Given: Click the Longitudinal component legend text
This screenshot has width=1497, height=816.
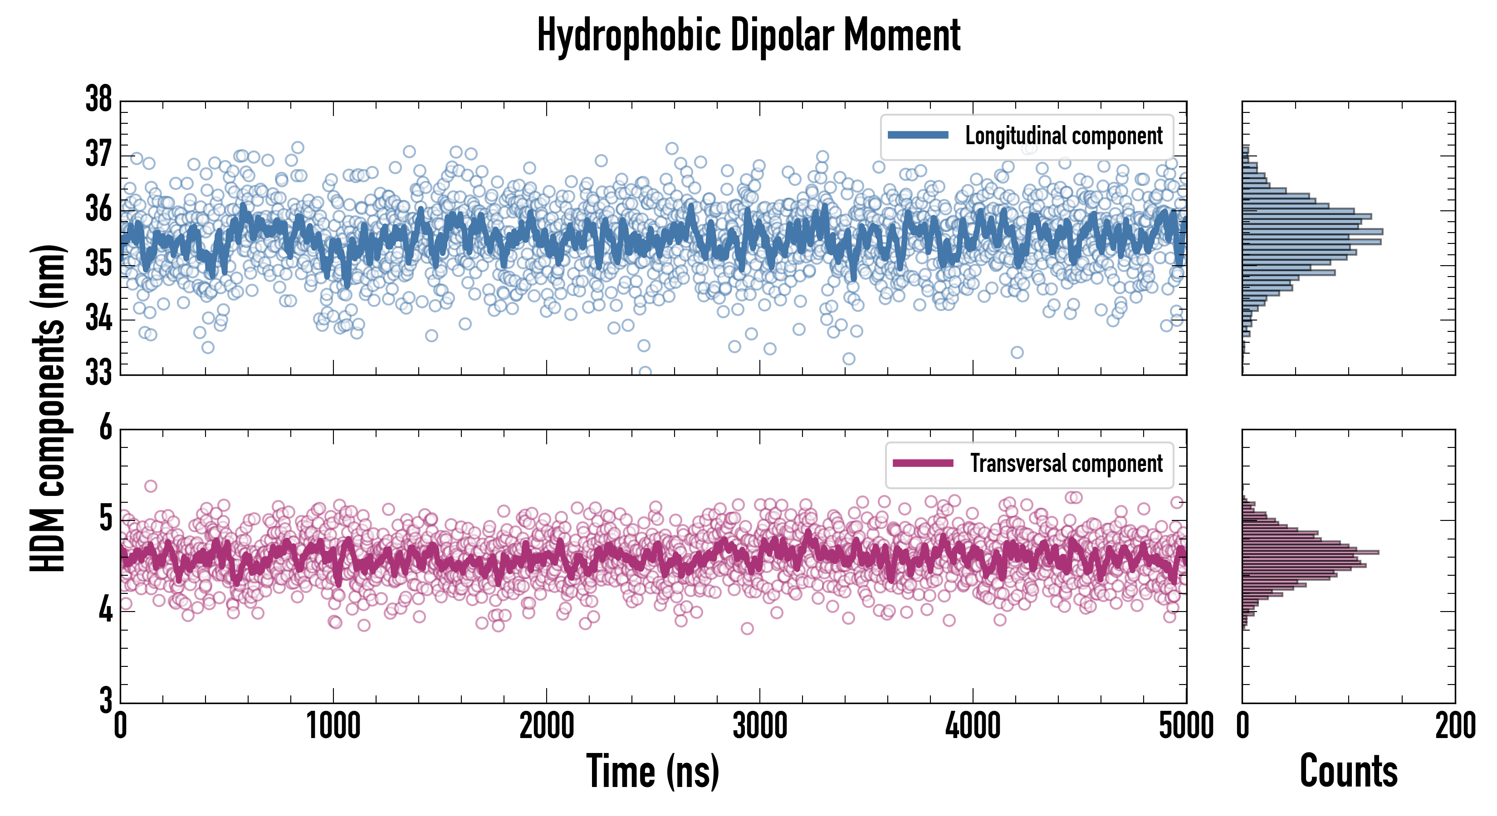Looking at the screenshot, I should click(1063, 136).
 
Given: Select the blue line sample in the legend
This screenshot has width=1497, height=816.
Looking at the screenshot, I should click(918, 136).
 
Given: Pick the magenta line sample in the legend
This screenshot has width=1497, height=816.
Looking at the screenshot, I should click(923, 463).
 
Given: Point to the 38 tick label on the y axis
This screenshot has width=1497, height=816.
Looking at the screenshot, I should click(99, 100).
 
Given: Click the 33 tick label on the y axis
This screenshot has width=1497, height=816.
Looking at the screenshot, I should click(99, 374).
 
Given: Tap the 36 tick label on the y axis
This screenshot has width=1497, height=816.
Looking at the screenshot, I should click(99, 209).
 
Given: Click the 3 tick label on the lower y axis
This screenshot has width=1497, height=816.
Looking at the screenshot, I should click(105, 700).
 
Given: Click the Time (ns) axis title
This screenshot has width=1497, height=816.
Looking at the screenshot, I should click(653, 772).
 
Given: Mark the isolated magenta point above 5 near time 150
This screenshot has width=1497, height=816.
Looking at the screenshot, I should click(151, 486).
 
